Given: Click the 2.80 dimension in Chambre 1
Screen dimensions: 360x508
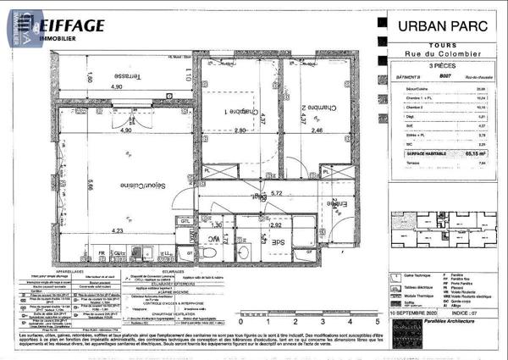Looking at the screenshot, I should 239,131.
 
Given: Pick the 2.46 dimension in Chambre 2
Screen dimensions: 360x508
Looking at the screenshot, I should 317,131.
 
